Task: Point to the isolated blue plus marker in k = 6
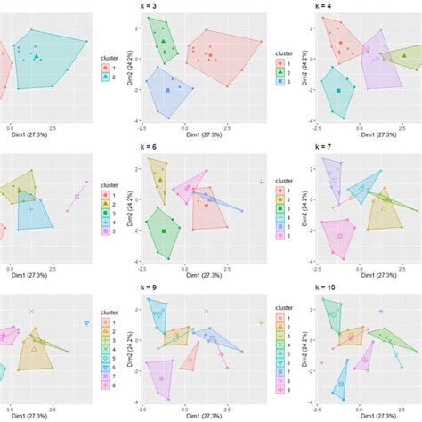coord(262,182)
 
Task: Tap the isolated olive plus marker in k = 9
coord(262,322)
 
